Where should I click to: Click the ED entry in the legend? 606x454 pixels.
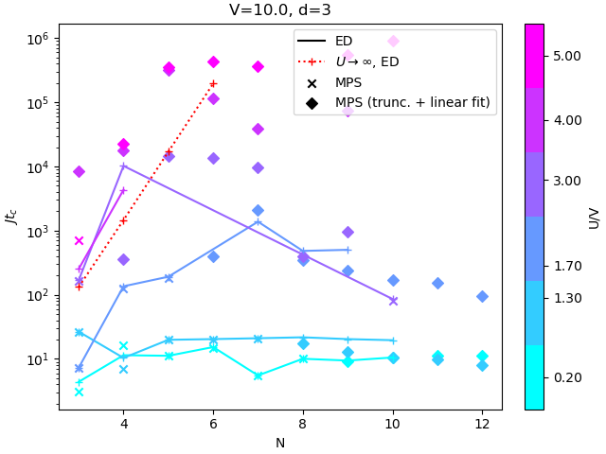344,41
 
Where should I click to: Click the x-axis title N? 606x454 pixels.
280,442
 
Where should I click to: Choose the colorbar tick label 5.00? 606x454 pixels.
566,57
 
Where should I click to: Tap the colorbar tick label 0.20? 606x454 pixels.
566,378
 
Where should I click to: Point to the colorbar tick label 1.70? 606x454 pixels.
566,267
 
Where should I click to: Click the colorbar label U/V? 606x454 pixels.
595,218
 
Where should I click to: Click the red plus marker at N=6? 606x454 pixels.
213,83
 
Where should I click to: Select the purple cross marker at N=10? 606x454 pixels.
393,301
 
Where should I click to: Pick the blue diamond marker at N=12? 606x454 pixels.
482,296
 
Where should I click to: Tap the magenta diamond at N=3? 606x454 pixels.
79,171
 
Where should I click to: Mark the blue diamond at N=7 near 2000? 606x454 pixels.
258,210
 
